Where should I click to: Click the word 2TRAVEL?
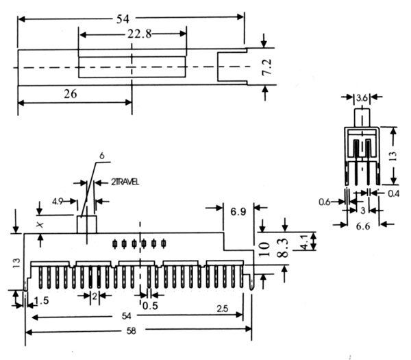click(126, 182)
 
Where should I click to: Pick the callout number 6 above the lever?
click(101, 156)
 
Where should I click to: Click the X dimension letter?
click(40, 224)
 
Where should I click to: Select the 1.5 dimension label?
click(41, 300)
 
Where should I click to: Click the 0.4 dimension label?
click(393, 194)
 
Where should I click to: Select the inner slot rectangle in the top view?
click(132, 67)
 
